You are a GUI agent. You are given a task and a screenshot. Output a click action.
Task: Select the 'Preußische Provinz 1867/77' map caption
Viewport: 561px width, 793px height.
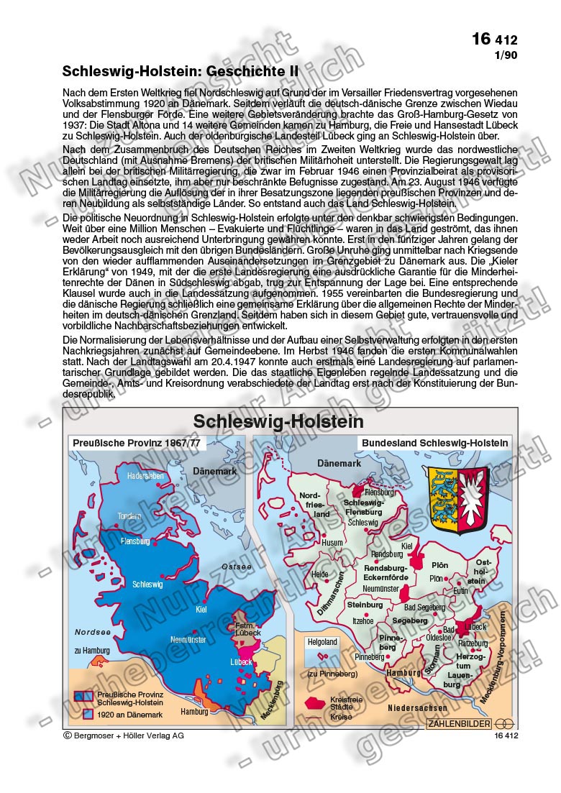coord(137,443)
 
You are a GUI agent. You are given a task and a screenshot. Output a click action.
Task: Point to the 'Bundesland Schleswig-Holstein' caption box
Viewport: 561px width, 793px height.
coord(435,443)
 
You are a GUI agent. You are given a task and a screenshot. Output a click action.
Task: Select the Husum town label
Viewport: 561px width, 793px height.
coord(333,543)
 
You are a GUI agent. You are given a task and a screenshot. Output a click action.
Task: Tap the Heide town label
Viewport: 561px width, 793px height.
coord(320,574)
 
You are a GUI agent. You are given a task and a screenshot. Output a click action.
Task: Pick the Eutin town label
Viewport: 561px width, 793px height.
coord(460,590)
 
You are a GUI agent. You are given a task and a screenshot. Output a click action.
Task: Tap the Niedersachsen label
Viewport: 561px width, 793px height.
coord(417,707)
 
